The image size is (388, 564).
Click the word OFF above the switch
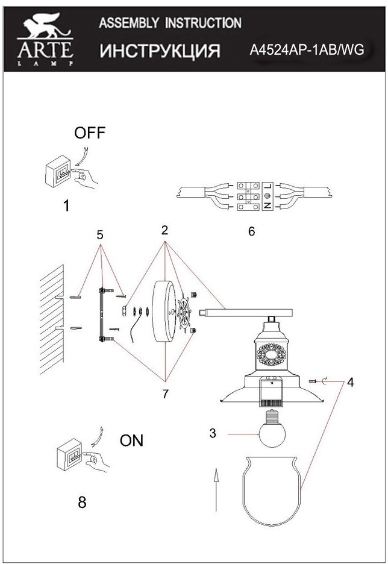point(89,133)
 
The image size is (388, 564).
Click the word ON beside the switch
point(132,440)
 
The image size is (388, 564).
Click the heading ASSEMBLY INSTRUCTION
point(170,23)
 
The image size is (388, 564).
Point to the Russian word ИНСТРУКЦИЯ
point(160,51)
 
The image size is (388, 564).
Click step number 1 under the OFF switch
point(66,206)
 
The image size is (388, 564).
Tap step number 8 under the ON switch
point(83,502)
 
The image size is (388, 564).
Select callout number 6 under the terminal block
point(251,231)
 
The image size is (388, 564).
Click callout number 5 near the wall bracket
point(101,234)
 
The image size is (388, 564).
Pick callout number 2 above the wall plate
point(164,230)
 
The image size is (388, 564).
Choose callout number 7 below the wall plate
point(166,393)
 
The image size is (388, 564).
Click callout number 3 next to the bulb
point(212,433)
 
